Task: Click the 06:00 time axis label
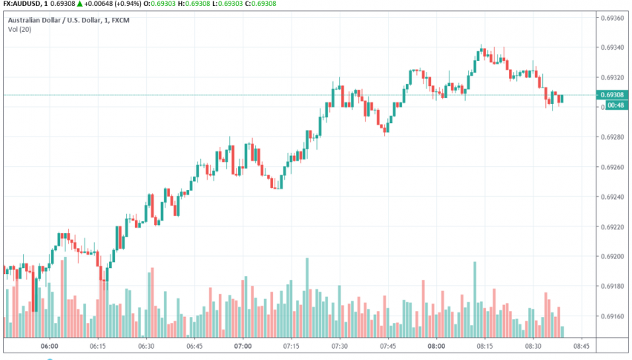[50, 347]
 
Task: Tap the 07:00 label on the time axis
[243, 347]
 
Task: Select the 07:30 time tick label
[340, 347]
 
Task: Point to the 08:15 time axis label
[484, 347]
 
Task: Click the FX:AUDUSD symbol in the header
[20, 4]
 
